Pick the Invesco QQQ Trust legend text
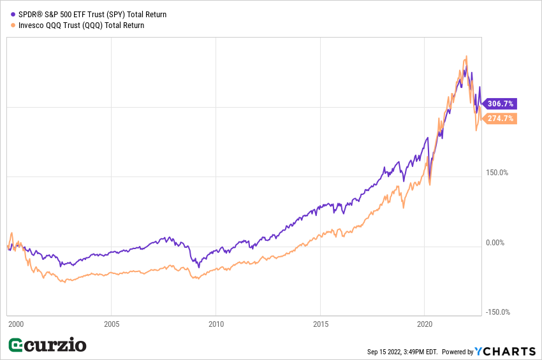click(x=81, y=25)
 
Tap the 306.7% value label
click(x=501, y=103)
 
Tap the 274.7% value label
click(x=501, y=119)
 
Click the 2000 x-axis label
click(x=15, y=324)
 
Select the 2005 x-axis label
click(x=111, y=324)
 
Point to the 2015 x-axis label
click(x=321, y=324)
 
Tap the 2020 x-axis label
click(x=425, y=324)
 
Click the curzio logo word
click(x=56, y=345)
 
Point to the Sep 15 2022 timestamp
click(x=402, y=352)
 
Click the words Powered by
click(x=458, y=352)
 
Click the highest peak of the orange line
click(x=466, y=56)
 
